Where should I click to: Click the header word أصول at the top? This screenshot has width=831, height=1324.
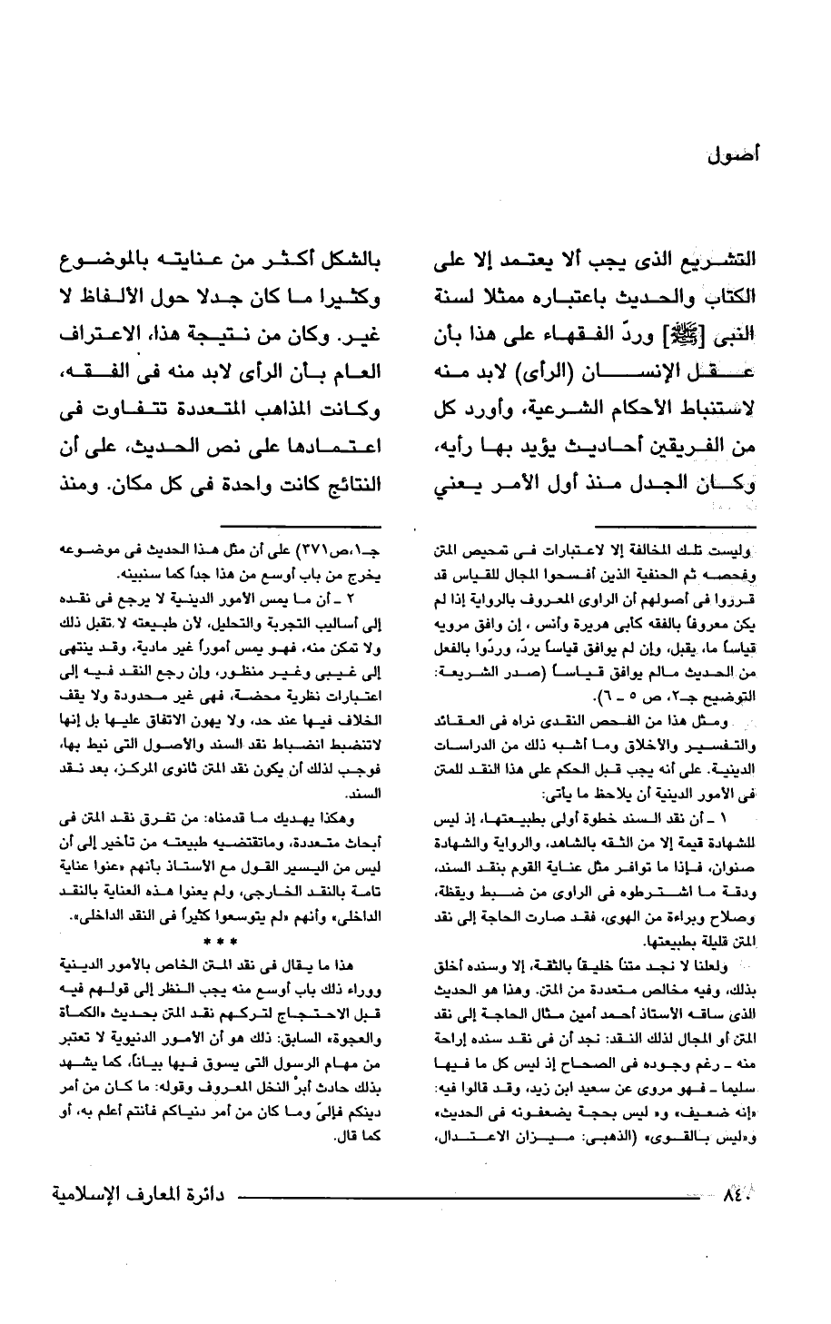coord(732,154)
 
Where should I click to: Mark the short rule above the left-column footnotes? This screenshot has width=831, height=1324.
coord(336,525)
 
